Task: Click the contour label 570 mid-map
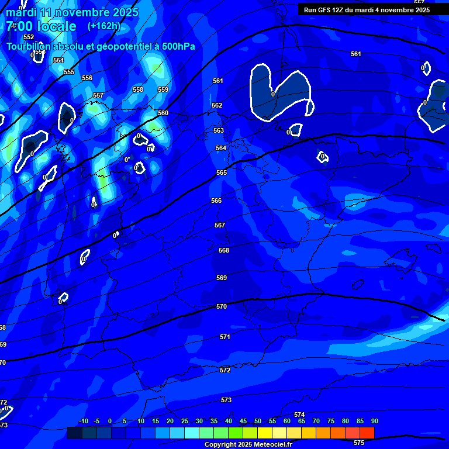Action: click(222, 306)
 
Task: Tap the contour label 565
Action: click(222, 172)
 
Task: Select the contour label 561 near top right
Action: click(356, 54)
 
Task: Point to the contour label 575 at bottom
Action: click(359, 443)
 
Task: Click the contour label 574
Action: click(299, 414)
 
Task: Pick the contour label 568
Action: click(224, 250)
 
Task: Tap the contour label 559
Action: click(163, 89)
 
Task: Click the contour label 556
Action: click(87, 78)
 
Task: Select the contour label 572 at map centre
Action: click(225, 370)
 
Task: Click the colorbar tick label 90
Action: click(374, 421)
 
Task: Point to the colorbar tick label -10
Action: click(83, 421)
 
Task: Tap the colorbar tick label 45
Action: click(243, 421)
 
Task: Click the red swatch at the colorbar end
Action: click(367, 433)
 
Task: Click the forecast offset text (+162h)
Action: click(104, 26)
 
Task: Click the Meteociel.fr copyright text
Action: click(248, 445)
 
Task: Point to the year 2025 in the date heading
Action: click(124, 12)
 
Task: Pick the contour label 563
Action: click(219, 130)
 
